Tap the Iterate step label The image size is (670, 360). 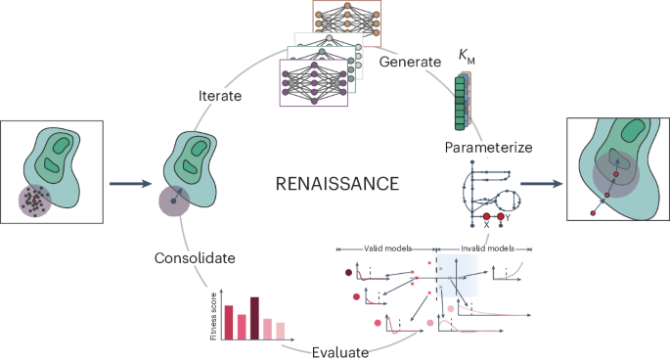(x=221, y=95)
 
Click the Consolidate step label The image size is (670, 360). (x=195, y=259)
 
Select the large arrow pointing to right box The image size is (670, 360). (x=540, y=182)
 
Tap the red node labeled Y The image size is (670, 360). (x=501, y=215)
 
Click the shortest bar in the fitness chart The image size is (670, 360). (x=281, y=330)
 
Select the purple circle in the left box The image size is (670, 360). (x=36, y=203)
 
